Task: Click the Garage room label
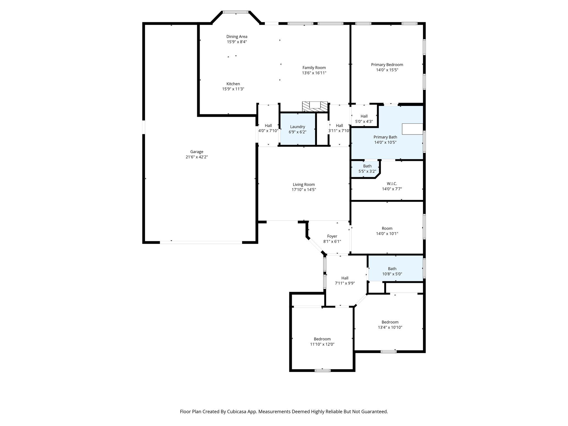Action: (197, 152)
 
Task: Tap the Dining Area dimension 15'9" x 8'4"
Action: (237, 42)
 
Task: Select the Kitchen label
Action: (233, 84)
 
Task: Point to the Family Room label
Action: (314, 68)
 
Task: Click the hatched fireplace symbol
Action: (315, 107)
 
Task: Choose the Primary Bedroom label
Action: (387, 65)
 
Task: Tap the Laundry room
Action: (298, 129)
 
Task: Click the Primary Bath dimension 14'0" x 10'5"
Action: (385, 142)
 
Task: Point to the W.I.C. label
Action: (392, 184)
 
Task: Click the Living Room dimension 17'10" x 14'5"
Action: (304, 190)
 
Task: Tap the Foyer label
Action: (332, 236)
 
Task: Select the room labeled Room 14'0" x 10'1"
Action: (387, 231)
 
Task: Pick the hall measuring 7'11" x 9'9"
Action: (345, 280)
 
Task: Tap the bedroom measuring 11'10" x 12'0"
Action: (322, 341)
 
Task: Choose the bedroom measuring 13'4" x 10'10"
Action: (390, 324)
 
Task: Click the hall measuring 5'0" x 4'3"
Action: (364, 119)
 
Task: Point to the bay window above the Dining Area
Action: (236, 12)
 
